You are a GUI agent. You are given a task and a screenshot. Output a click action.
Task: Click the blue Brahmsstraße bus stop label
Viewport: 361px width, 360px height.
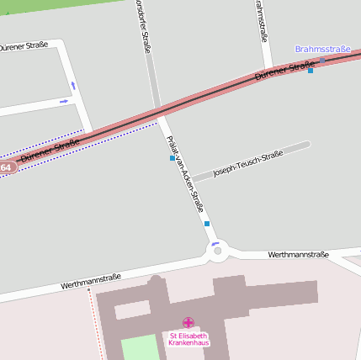pyautogui.click(x=322, y=49)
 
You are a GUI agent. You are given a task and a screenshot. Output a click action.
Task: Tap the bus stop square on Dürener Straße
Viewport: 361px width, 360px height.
pyautogui.click(x=311, y=71)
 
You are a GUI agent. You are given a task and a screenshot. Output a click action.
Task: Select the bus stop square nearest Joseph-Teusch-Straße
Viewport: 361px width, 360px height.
pyautogui.click(x=173, y=158)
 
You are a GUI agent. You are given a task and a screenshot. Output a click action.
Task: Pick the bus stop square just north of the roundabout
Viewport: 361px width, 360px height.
pyautogui.click(x=207, y=224)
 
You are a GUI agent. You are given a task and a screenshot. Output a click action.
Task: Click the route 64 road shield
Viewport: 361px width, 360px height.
pyautogui.click(x=6, y=167)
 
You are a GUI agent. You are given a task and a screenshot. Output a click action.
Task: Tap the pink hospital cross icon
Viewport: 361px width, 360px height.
pyautogui.click(x=188, y=322)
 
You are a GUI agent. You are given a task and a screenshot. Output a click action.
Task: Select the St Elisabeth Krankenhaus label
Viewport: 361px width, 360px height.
pyautogui.click(x=188, y=339)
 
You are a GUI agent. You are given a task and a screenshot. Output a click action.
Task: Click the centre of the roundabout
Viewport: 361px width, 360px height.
pyautogui.click(x=217, y=251)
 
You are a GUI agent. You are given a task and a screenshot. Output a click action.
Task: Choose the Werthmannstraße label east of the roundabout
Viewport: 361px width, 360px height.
pyautogui.click(x=298, y=254)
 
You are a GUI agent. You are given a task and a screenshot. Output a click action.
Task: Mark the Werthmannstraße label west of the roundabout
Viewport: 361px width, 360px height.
pyautogui.click(x=91, y=281)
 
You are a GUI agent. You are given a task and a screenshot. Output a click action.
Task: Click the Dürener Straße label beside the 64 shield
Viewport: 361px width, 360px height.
pyautogui.click(x=50, y=150)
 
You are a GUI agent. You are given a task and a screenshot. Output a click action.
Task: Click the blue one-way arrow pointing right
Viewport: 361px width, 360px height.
pyautogui.click(x=64, y=102)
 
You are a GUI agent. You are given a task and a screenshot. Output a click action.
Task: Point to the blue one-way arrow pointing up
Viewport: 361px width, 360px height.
pyautogui.click(x=73, y=85)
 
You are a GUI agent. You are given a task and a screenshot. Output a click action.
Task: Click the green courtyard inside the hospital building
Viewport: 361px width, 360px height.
pyautogui.click(x=140, y=347)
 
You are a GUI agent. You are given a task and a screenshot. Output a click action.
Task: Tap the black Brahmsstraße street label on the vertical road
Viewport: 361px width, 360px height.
pyautogui.click(x=261, y=20)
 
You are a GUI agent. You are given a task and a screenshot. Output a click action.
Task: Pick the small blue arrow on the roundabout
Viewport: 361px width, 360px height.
pyautogui.click(x=215, y=243)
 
